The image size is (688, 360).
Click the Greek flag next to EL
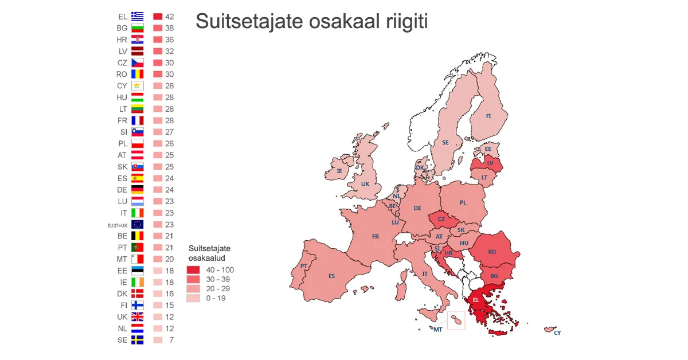[x=137, y=17]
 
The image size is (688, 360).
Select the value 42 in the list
[x=169, y=17]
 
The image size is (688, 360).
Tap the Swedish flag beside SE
[x=137, y=340]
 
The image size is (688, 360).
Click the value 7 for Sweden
[x=171, y=340]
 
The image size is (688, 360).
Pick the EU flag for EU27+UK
[x=137, y=225]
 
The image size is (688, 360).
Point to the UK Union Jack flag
[x=137, y=317]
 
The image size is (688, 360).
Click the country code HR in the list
[x=122, y=40]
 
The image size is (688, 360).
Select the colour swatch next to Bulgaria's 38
[x=158, y=28]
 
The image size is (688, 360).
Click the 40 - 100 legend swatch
[x=192, y=270]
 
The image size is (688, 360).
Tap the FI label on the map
[x=488, y=116]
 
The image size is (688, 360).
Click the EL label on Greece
[x=475, y=300]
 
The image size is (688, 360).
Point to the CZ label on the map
[x=441, y=219]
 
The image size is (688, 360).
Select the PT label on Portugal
[x=303, y=266]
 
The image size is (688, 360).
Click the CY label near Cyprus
[x=557, y=332]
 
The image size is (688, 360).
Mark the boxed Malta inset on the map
[x=456, y=320]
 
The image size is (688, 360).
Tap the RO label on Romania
[x=492, y=252]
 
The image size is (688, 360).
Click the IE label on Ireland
[x=339, y=171]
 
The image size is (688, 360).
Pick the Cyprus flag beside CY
[x=137, y=86]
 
